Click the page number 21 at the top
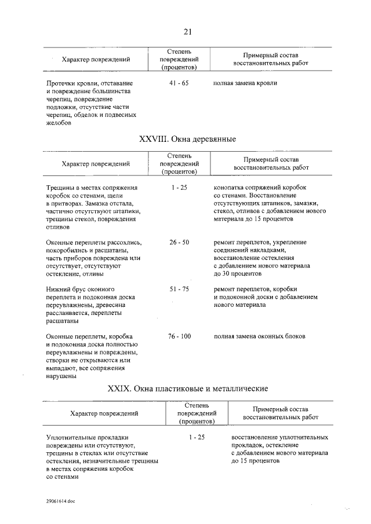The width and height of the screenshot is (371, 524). pyautogui.click(x=187, y=31)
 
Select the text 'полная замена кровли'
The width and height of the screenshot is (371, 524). pyautogui.click(x=245, y=83)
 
